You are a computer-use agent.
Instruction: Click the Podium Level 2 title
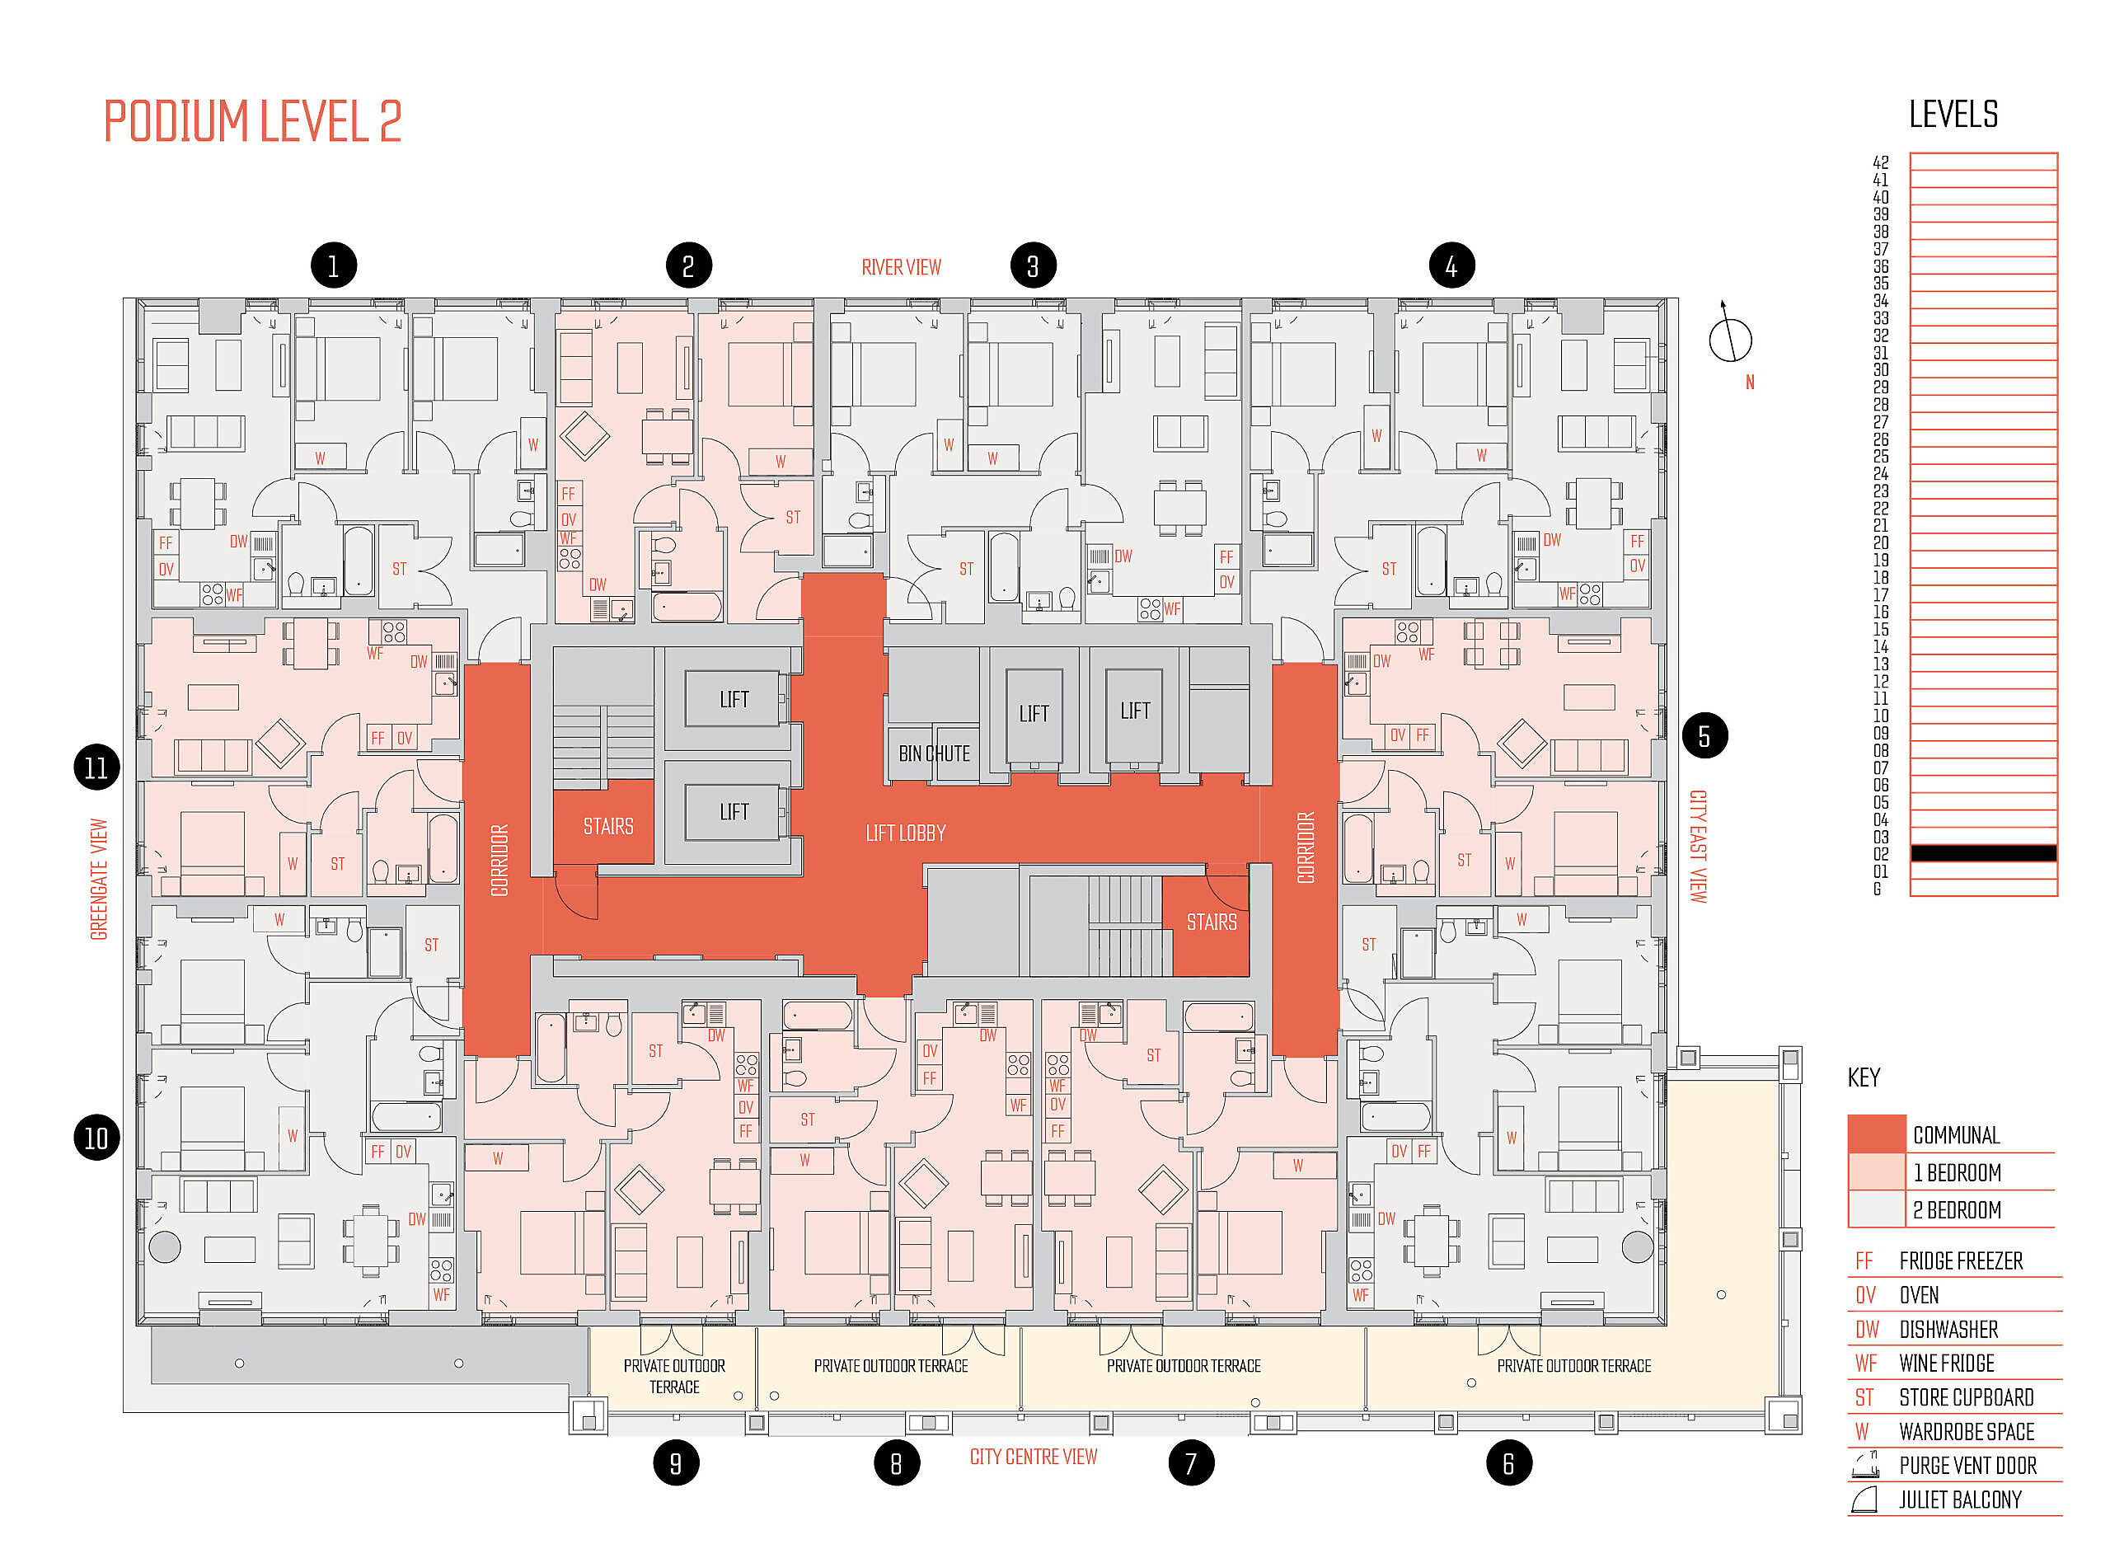[x=252, y=121]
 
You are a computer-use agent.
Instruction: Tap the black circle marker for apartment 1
[x=333, y=266]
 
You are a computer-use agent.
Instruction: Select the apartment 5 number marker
[x=1704, y=736]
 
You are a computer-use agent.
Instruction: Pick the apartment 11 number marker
[x=96, y=767]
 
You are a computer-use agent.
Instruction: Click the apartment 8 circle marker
[x=897, y=1463]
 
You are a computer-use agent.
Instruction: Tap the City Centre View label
[x=1033, y=1457]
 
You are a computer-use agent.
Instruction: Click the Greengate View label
[x=99, y=879]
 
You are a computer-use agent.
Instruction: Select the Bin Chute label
[x=934, y=754]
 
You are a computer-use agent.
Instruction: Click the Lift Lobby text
[x=905, y=833]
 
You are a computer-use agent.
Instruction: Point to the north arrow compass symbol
[x=1729, y=335]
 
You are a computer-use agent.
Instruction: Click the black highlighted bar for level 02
[x=1983, y=853]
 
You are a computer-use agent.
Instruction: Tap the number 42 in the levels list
[x=1880, y=162]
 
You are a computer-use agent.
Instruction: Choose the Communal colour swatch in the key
[x=1877, y=1134]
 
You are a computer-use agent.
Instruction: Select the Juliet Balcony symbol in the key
[x=1864, y=1500]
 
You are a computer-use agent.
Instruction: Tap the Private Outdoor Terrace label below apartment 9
[x=674, y=1377]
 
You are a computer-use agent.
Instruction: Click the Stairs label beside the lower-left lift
[x=608, y=827]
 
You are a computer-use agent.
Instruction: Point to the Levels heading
[x=1953, y=115]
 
